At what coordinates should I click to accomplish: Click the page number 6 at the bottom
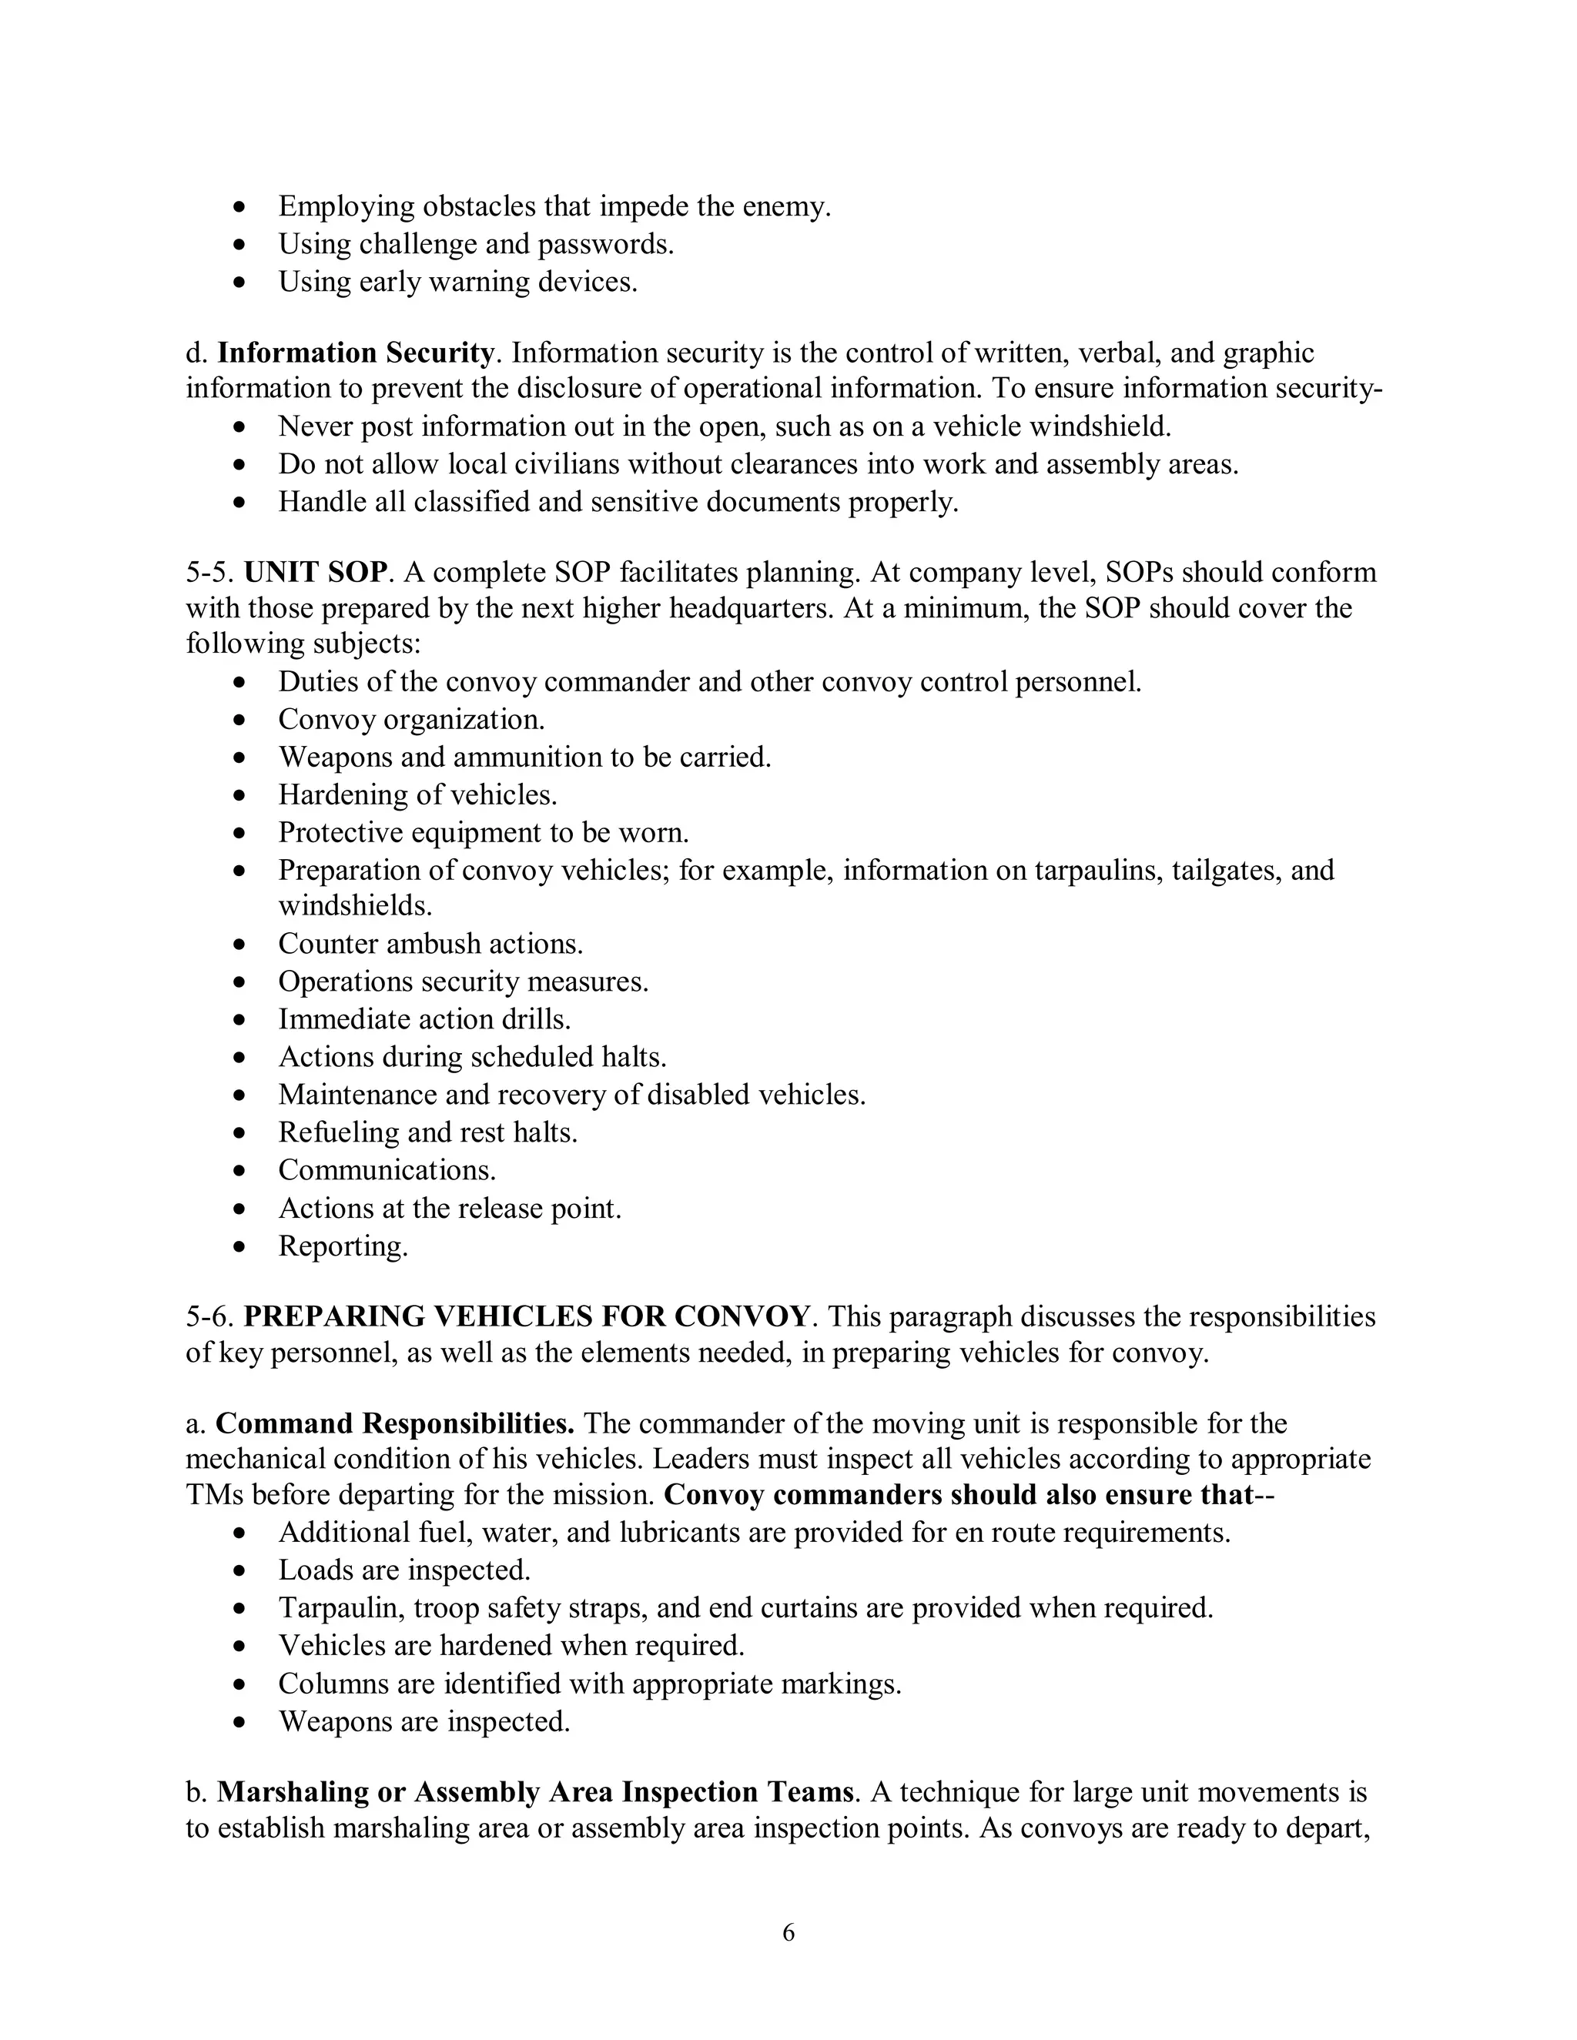tap(788, 1931)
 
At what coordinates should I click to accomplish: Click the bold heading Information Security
tap(355, 353)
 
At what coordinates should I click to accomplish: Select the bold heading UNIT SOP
tap(315, 573)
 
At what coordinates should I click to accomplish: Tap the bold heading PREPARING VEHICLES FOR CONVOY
tap(526, 1316)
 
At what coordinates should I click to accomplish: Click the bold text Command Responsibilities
tap(394, 1423)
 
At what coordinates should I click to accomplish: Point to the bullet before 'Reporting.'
tap(241, 1246)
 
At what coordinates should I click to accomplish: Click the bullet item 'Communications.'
tap(387, 1170)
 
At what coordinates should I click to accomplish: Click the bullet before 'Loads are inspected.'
tap(241, 1570)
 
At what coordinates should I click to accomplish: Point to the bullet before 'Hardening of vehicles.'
tap(241, 795)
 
